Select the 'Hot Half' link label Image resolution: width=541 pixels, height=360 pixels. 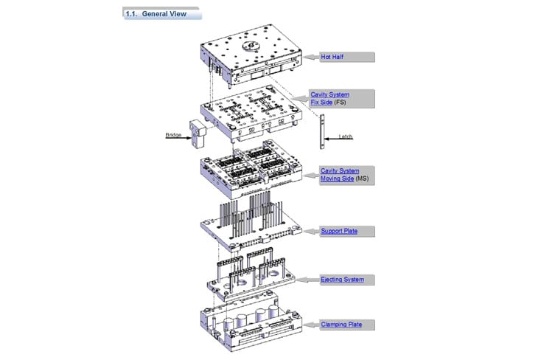(332, 56)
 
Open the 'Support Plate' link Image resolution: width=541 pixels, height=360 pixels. (339, 231)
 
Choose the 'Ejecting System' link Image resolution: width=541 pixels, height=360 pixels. (342, 280)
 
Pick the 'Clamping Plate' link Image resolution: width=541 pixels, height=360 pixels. (341, 324)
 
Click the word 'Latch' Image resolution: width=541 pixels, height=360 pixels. (346, 137)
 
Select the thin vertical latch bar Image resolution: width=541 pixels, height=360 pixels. (321, 132)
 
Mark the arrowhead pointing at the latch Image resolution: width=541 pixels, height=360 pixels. (328, 137)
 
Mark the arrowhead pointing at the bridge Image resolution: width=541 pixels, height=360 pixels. (187, 135)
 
